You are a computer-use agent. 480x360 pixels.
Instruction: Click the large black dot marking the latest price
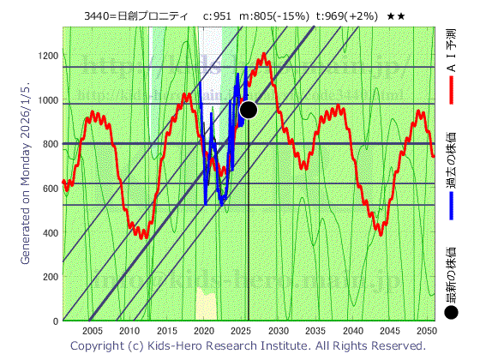249,109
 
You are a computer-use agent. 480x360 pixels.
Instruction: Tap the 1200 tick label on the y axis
48,57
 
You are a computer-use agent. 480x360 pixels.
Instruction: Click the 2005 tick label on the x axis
93,331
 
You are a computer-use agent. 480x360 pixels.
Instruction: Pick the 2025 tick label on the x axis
241,331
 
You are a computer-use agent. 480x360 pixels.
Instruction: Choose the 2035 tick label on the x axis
315,331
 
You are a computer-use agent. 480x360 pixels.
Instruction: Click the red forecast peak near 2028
264,57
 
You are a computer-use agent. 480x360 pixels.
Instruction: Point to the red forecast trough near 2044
381,233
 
